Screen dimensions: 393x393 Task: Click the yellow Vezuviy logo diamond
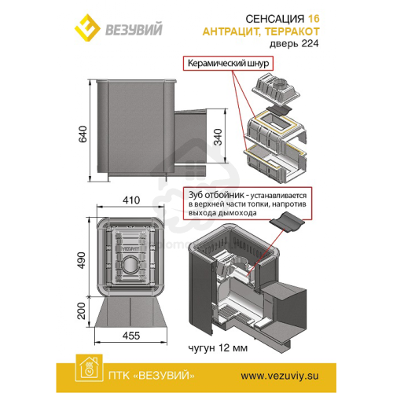click(x=87, y=28)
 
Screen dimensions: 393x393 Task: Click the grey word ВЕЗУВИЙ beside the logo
click(x=134, y=29)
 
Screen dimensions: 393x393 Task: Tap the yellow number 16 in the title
click(x=314, y=19)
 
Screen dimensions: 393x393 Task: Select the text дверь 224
click(x=294, y=43)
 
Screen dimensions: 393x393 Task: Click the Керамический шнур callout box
click(x=228, y=64)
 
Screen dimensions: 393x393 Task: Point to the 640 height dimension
click(x=83, y=134)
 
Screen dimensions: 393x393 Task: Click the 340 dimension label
click(x=218, y=137)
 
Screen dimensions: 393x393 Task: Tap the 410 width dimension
click(x=131, y=200)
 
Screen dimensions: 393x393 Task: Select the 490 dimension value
click(x=82, y=260)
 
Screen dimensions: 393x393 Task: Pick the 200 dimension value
click(x=82, y=311)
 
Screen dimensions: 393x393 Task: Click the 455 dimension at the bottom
click(x=131, y=336)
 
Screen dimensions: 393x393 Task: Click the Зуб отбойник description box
click(x=248, y=204)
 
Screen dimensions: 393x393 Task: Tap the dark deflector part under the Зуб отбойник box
click(x=287, y=222)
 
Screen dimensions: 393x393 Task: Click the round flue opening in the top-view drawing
click(x=130, y=265)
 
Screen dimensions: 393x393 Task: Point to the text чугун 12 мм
click(x=218, y=348)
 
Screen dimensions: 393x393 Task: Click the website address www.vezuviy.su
click(x=280, y=376)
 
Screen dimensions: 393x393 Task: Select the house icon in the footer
click(x=89, y=369)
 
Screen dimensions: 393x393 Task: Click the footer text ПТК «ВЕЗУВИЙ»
click(x=152, y=376)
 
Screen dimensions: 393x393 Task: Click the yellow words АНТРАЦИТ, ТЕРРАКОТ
click(x=261, y=31)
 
